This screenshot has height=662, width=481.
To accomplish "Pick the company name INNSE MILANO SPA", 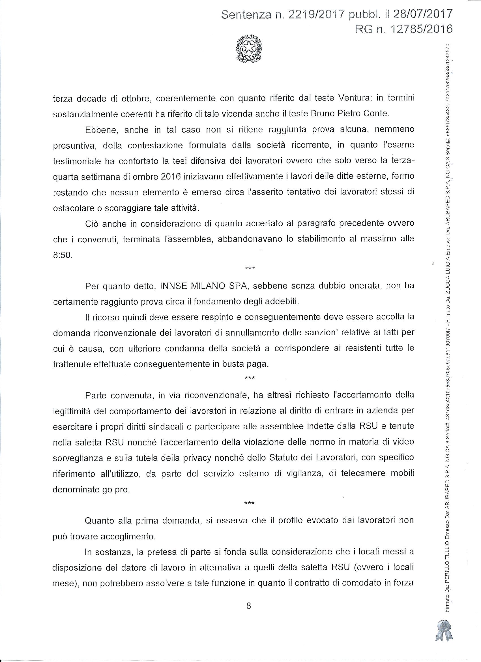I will point(204,286).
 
